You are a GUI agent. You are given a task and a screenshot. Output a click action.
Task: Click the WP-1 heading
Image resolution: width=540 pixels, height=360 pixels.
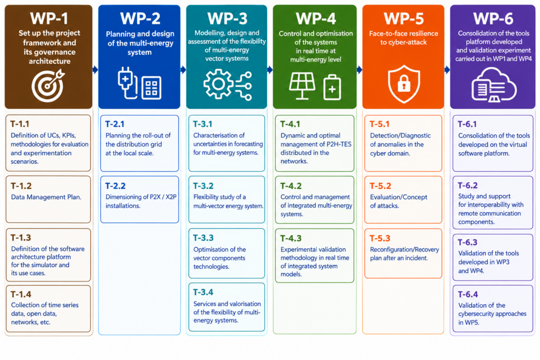pos(49,18)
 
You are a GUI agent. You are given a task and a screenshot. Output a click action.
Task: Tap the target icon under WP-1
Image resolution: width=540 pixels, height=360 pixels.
pos(48,85)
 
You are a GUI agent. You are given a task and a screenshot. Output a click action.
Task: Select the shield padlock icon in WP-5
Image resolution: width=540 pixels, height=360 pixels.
pos(403,84)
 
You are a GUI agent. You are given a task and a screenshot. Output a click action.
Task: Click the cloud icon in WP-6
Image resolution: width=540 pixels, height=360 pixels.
pos(494,85)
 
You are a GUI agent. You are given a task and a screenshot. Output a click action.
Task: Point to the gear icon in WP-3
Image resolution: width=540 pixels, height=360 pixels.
pos(218,84)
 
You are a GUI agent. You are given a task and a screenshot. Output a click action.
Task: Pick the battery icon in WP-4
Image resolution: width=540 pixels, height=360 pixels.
pos(332,87)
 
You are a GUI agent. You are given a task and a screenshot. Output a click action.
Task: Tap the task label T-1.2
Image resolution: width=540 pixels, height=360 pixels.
pos(21,186)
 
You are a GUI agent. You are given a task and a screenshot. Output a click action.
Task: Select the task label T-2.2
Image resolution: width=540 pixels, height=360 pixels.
pos(115,186)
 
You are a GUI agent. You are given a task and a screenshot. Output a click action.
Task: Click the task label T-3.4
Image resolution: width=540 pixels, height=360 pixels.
pos(203,292)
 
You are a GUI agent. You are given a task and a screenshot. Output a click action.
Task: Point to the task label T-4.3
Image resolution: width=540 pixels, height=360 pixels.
pos(291,238)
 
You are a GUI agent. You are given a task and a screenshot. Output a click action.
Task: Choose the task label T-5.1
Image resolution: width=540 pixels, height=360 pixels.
pos(380,124)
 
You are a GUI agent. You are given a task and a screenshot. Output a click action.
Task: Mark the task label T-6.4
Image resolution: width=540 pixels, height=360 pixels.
pos(468,294)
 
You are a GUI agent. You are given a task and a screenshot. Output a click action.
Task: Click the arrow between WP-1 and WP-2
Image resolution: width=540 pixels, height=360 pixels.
pos(95,70)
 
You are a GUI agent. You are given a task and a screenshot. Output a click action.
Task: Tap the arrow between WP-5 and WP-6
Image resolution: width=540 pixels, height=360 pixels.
pos(447,70)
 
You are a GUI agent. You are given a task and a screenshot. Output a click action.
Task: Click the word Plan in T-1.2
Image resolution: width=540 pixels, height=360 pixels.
pos(73,197)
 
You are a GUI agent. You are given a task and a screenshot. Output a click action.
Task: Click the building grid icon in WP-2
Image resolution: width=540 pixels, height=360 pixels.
pos(151,87)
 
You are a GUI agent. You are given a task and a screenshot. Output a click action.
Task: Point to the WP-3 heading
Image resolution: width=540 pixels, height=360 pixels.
pos(227,18)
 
